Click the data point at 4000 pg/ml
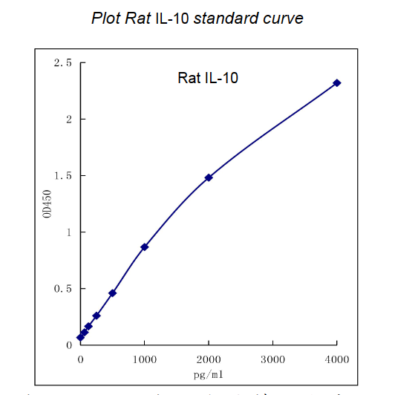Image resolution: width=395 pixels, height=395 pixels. click(x=337, y=83)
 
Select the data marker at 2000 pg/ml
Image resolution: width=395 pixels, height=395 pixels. click(x=209, y=177)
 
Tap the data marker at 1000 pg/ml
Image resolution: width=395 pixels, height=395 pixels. click(x=145, y=247)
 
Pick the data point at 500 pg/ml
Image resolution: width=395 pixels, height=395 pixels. click(x=112, y=293)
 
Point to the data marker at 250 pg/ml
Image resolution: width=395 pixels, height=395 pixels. click(x=97, y=316)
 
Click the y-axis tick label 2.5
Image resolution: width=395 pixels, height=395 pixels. click(x=62, y=63)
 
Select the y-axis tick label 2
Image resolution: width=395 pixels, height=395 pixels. click(x=68, y=120)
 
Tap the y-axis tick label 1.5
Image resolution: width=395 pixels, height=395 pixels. click(x=62, y=176)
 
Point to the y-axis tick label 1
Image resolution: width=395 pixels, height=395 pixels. click(x=68, y=232)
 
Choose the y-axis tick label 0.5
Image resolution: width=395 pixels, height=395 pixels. click(x=62, y=289)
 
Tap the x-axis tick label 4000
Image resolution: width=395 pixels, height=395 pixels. click(x=337, y=359)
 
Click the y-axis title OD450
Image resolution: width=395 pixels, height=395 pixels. click(x=47, y=203)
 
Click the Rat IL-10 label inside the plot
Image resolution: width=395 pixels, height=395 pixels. click(x=208, y=78)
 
